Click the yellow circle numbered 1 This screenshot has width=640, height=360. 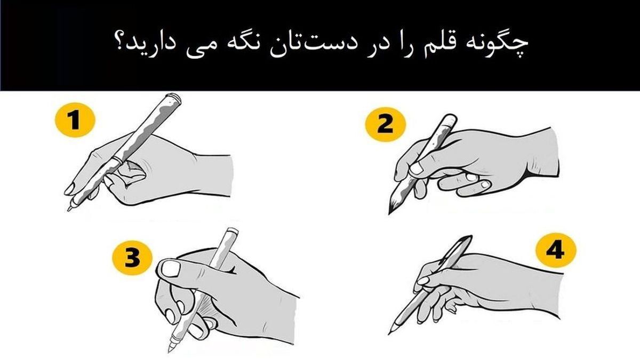(75, 120)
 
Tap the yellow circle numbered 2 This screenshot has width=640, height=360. (386, 124)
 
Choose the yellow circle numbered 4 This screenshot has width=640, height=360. (556, 250)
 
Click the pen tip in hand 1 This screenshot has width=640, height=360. (69, 210)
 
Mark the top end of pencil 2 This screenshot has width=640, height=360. (450, 117)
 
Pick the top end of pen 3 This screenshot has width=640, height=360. (233, 230)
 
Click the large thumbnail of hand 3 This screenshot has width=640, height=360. (171, 269)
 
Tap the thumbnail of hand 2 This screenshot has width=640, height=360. (417, 169)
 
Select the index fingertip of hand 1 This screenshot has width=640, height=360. (69, 190)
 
